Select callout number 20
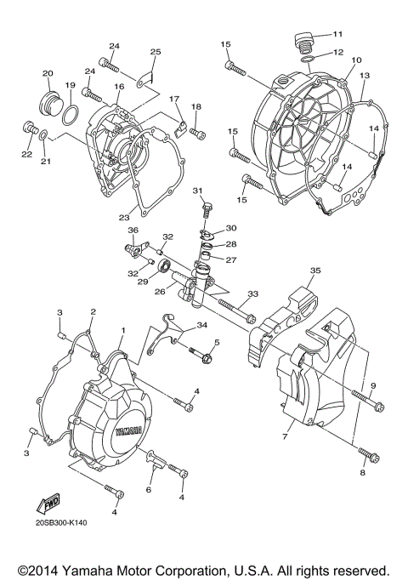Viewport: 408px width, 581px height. pyautogui.click(x=48, y=73)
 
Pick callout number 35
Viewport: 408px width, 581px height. pyautogui.click(x=314, y=271)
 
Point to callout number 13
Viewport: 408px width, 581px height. pyautogui.click(x=364, y=76)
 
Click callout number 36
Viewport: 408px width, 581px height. pyautogui.click(x=133, y=231)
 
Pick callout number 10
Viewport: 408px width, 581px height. pyautogui.click(x=356, y=60)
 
